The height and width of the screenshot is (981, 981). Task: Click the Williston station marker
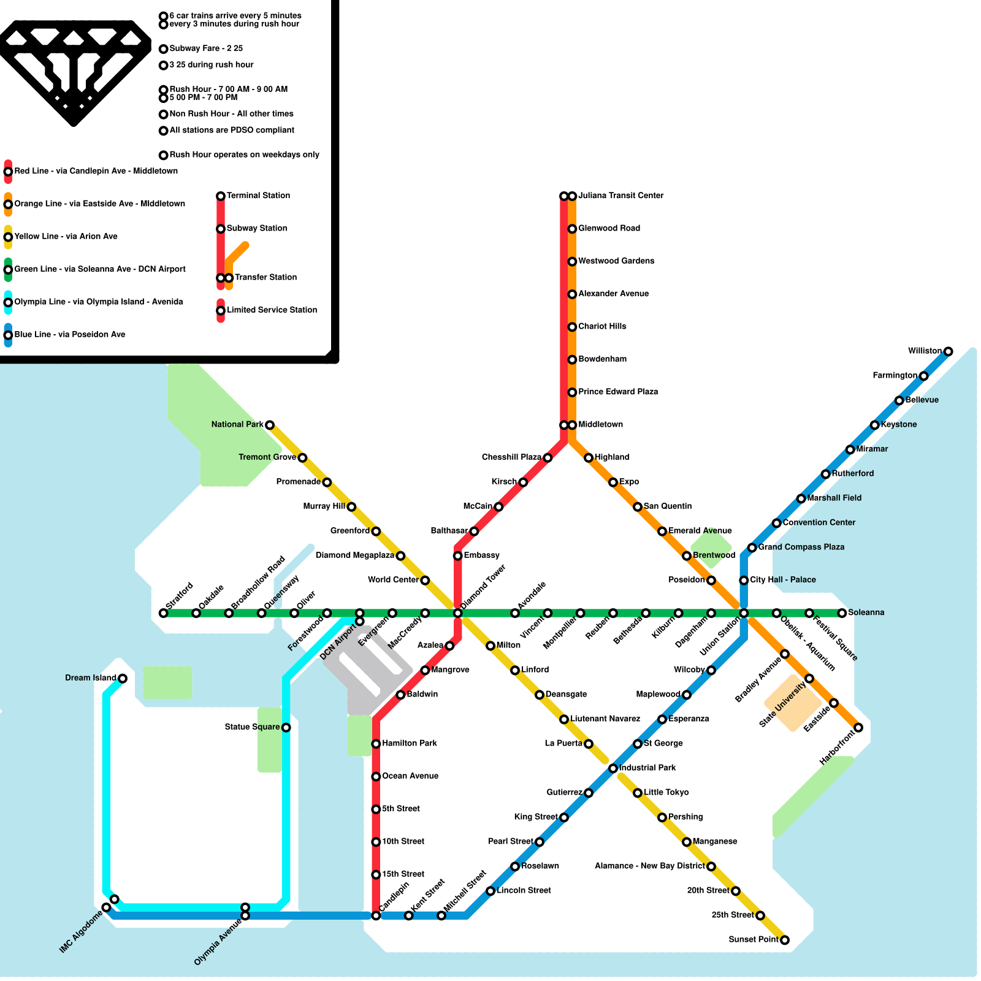click(x=948, y=351)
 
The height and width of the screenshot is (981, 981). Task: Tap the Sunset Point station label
click(x=753, y=939)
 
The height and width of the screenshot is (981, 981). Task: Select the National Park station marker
click(x=269, y=425)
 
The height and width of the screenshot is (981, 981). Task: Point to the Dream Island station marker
click(x=123, y=678)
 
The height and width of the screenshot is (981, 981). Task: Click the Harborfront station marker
click(x=858, y=727)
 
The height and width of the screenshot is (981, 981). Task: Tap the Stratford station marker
click(x=163, y=613)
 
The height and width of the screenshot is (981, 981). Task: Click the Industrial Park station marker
click(x=613, y=768)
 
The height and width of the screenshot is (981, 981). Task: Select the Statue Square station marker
click(x=286, y=727)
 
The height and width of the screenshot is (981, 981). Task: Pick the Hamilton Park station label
click(x=410, y=743)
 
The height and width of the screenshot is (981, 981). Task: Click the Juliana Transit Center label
click(x=620, y=196)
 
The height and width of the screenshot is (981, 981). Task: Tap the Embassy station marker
click(x=457, y=555)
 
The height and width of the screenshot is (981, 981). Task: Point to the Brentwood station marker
click(x=687, y=555)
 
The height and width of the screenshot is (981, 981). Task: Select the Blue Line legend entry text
click(x=70, y=334)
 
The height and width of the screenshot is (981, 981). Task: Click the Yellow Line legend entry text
click(x=66, y=236)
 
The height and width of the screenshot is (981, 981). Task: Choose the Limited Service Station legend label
click(x=272, y=310)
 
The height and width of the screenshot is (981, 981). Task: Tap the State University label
click(x=782, y=704)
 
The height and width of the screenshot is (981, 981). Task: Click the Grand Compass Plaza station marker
click(x=752, y=548)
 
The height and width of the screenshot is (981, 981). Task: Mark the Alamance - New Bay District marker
click(x=711, y=866)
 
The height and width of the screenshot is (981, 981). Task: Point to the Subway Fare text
click(x=206, y=48)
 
